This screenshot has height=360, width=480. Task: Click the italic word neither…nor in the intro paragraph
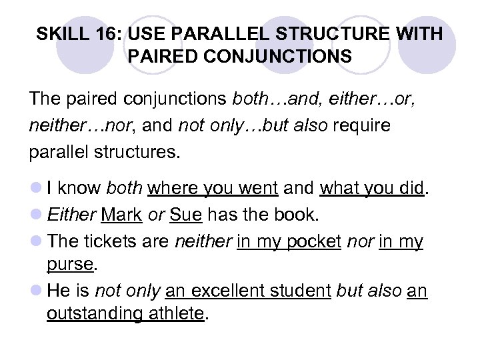[x=66, y=126]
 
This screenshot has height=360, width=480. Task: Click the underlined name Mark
[x=121, y=215]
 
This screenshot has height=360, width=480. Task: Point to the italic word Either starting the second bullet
[x=71, y=215]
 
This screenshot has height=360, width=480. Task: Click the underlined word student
[x=304, y=290]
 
